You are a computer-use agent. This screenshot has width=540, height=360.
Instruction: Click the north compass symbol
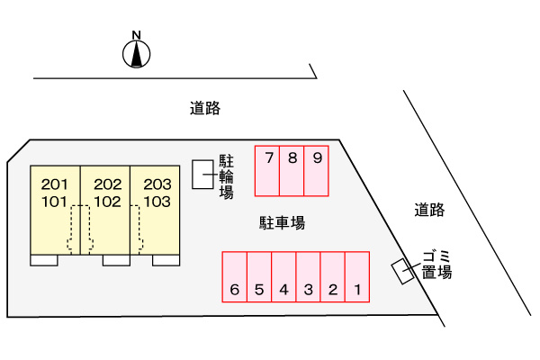(136, 54)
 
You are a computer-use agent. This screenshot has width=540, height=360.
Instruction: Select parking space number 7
(267, 170)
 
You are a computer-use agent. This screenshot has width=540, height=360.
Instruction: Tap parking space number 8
(292, 170)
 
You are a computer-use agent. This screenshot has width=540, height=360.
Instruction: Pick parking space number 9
(317, 170)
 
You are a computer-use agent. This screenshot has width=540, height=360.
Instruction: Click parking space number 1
(357, 276)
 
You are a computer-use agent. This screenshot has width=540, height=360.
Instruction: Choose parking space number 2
(333, 276)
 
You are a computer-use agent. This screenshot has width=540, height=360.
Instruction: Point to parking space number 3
(308, 276)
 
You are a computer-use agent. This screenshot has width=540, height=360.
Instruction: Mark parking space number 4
(283, 276)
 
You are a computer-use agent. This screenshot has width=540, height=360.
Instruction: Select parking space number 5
(259, 276)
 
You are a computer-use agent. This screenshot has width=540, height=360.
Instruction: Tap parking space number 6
(234, 276)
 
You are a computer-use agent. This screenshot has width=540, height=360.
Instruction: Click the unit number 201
(55, 184)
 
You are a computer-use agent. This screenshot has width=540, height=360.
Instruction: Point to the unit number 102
(107, 202)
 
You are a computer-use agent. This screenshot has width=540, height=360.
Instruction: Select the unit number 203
(157, 184)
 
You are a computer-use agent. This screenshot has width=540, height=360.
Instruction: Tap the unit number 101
(55, 202)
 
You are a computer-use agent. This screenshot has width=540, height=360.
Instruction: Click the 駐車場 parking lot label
(283, 222)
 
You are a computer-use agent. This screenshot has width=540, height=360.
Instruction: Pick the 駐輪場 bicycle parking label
(227, 175)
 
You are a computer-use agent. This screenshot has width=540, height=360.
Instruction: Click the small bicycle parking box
(204, 175)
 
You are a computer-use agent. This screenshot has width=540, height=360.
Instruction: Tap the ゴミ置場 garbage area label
(436, 263)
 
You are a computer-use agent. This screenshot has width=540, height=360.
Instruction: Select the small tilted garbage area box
(401, 271)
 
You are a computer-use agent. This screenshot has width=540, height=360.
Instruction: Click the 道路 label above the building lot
(205, 109)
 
